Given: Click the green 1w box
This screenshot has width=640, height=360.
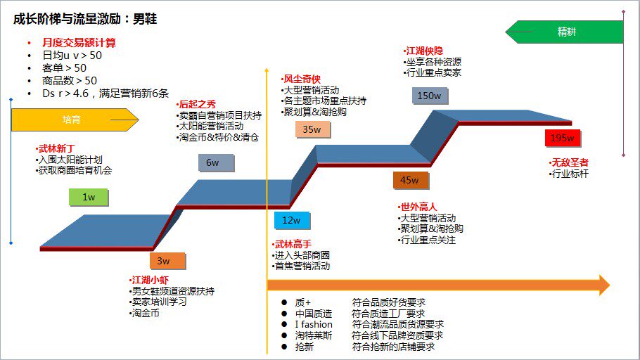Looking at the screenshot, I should [89, 197].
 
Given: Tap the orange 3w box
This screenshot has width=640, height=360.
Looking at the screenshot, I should [163, 261].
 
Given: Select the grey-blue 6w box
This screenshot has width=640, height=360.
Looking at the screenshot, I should [212, 163].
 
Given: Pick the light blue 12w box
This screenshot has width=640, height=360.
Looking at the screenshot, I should [292, 220].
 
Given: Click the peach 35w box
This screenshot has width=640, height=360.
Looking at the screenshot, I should [312, 129].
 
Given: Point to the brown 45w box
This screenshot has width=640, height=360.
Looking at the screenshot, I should [410, 180].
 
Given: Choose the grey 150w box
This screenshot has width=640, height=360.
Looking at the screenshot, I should [429, 96].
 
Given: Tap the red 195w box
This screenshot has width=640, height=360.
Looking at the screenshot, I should [563, 138].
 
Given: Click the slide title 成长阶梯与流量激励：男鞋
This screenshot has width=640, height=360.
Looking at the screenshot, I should [85, 19].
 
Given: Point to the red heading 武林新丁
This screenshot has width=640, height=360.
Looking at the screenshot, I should [55, 149].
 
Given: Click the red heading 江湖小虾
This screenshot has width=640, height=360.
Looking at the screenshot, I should [150, 280].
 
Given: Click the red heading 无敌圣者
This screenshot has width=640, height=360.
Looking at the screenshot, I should [569, 162].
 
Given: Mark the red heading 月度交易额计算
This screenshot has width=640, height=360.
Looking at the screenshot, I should [79, 43].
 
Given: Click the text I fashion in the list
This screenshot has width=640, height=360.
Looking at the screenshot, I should [314, 324].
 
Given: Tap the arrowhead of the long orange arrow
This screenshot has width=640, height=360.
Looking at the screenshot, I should [602, 285].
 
